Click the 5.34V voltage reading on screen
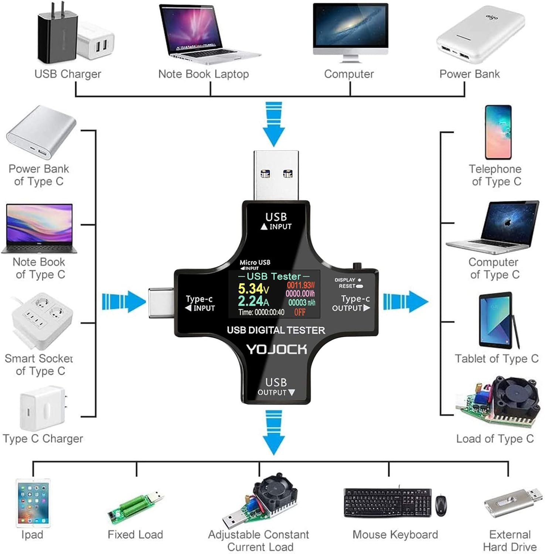point(253,288)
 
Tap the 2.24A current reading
point(253,301)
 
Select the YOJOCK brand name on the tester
point(276,349)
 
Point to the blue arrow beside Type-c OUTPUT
point(405,302)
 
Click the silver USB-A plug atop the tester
point(276,175)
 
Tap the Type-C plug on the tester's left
point(161,302)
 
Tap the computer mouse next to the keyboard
point(440,505)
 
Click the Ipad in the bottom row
point(33,503)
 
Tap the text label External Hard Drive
point(510,540)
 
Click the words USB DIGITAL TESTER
point(276,330)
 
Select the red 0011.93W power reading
point(301,285)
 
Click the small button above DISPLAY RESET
point(357,266)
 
